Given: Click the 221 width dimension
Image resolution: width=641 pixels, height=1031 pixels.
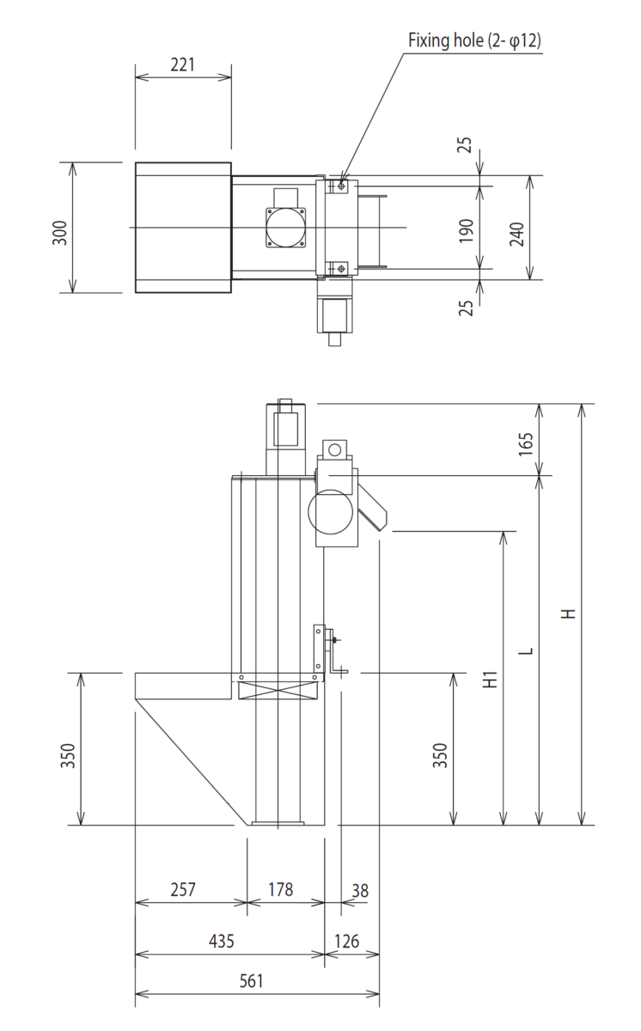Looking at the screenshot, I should [x=183, y=64].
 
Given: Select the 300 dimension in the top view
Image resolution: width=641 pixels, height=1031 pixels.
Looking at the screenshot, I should [x=59, y=228].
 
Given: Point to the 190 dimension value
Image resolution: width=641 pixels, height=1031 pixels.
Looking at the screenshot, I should [x=467, y=228].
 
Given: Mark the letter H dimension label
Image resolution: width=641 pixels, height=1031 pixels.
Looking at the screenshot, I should [x=568, y=613].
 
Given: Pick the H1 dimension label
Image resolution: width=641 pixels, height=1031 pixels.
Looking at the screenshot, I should [x=490, y=679].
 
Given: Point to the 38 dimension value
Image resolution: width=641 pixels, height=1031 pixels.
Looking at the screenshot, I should [x=359, y=891].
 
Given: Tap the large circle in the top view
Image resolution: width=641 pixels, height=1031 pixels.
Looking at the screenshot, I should [x=285, y=228].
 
